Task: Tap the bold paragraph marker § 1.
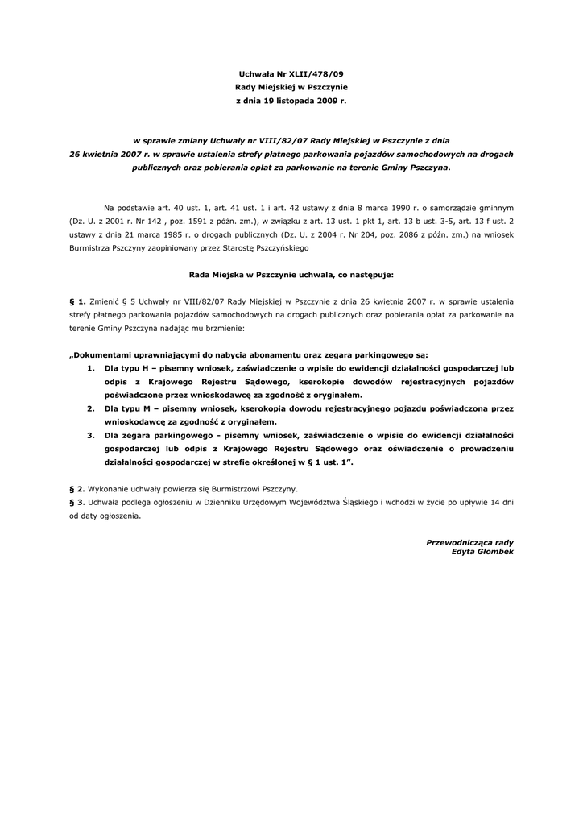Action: (77, 301)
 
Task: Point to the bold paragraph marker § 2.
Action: (77, 488)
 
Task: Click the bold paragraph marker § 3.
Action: (77, 502)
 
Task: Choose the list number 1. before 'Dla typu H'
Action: (91, 368)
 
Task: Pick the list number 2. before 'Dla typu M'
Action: (91, 408)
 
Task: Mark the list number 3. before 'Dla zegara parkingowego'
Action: (91, 436)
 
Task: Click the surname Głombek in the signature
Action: (495, 552)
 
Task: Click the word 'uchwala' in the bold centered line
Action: (313, 274)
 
